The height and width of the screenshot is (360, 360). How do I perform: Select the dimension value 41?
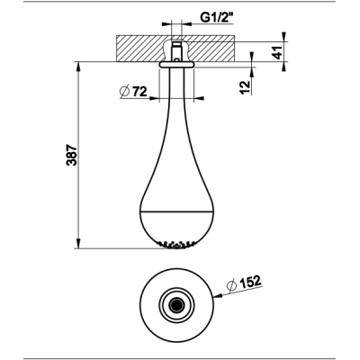279,52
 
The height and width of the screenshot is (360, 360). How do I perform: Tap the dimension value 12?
246,87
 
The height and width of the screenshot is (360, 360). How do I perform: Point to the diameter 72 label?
133,91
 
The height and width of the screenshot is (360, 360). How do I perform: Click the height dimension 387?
72,155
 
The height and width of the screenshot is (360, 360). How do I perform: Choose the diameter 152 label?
245,283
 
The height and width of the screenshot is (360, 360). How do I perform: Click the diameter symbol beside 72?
124,92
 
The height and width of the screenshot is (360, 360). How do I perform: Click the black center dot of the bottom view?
176,305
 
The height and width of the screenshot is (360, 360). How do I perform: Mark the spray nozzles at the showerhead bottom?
176,245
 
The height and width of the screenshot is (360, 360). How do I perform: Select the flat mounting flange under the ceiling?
176,65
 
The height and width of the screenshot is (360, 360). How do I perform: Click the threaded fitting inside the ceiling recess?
176,51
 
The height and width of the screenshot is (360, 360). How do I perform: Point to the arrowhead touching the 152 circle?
218,295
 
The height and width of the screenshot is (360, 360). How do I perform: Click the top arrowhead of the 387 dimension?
78,67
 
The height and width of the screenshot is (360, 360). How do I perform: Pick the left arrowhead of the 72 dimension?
154,98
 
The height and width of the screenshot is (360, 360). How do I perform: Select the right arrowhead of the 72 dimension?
199,98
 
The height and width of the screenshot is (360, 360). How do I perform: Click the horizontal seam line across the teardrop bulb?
176,211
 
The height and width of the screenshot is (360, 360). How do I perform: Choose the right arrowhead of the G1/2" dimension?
186,23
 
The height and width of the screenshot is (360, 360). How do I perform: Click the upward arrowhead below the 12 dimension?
251,72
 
